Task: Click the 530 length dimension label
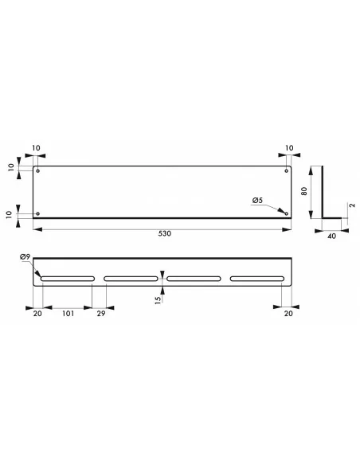click(x=165, y=233)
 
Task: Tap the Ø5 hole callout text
click(x=257, y=200)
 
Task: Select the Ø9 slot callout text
click(x=25, y=257)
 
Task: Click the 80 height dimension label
click(x=304, y=191)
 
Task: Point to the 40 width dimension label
click(x=332, y=236)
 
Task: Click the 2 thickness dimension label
click(x=352, y=205)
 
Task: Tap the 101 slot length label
click(x=68, y=313)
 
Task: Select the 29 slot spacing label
click(x=101, y=313)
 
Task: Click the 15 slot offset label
click(x=158, y=299)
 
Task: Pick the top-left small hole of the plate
click(x=37, y=170)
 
